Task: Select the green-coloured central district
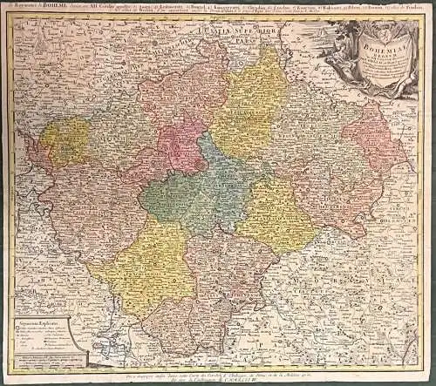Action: (179, 196)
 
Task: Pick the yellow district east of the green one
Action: (275, 213)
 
